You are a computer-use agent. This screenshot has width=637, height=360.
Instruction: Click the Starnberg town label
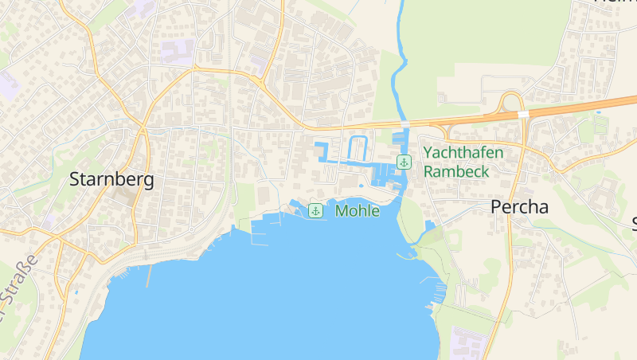point(111,179)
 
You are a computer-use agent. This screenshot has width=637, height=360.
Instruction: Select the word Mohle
point(358,211)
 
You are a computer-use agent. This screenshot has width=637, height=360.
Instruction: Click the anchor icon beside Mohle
point(315,211)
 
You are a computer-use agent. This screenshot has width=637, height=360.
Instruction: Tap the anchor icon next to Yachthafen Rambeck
point(404,162)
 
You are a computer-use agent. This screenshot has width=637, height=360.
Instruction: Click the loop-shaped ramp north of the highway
point(512,102)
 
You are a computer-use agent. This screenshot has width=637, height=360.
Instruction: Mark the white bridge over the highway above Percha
point(523,115)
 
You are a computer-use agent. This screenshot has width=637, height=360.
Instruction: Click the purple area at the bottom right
point(465,343)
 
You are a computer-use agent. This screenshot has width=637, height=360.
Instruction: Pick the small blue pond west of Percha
point(430,226)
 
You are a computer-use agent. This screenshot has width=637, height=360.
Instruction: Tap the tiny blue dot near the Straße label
point(76,292)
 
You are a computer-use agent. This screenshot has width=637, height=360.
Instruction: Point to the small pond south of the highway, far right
point(599,112)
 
